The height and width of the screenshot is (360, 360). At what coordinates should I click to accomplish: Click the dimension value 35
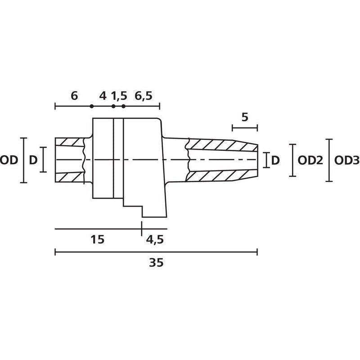pos(156,262)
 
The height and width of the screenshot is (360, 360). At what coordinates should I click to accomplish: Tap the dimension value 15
pos(97,239)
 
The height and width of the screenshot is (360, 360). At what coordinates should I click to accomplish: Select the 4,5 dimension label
pos(155,240)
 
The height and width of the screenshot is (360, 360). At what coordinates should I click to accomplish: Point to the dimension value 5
pos(245,117)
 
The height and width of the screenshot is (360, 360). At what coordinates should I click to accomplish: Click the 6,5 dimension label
pos(144,96)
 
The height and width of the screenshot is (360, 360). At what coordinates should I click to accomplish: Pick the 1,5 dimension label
pos(119,96)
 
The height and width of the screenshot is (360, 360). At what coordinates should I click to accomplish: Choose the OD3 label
pos(346,160)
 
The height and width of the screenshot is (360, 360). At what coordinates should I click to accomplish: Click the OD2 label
pos(310,160)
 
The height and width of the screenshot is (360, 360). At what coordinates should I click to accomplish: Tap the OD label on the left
pos(9,160)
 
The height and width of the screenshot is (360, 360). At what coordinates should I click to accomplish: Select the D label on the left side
pos(33,160)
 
